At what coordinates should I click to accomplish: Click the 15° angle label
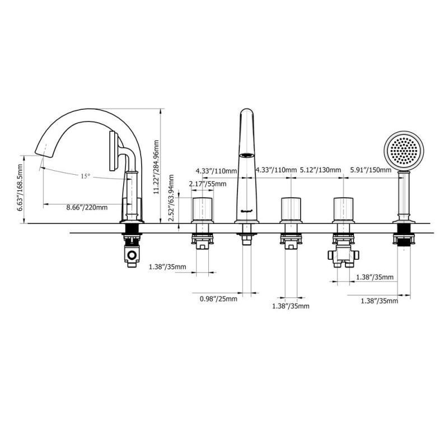pos(85,176)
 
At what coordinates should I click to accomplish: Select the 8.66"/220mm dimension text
pos(87,207)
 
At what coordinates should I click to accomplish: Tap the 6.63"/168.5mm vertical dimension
pos(20,188)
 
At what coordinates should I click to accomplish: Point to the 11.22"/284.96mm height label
pos(156,167)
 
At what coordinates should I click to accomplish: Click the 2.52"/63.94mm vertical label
pos(171,198)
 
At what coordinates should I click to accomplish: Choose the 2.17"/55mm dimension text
pos(208,184)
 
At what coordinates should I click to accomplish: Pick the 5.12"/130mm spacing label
pos(320,170)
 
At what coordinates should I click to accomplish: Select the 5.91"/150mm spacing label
pos(371,170)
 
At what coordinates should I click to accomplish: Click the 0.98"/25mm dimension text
pos(218,299)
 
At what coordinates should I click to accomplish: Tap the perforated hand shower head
pos(404,151)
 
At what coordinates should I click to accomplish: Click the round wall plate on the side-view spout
pos(114,151)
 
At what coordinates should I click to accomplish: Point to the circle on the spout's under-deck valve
pos(132,255)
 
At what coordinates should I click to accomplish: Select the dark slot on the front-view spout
pos(246,156)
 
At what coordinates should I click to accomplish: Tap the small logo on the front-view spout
pos(247,212)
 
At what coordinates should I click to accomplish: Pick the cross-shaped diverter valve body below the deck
pos(343,254)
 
